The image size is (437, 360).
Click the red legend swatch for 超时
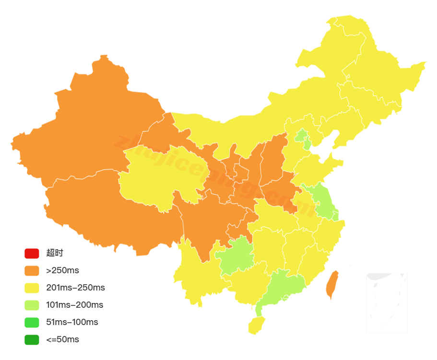click(32, 253)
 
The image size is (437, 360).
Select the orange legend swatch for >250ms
click(32, 270)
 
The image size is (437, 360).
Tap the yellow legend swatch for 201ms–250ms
click(32, 288)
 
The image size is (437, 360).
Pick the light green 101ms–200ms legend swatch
click(32, 305)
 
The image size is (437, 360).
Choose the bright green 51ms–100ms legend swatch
click(32, 322)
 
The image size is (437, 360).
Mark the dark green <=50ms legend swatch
click(32, 339)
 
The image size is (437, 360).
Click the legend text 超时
click(55, 253)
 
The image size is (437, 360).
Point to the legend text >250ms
click(63, 270)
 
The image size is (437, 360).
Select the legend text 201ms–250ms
click(75, 288)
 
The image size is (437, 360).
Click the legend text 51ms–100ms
click(72, 322)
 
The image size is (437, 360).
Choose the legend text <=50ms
click(63, 339)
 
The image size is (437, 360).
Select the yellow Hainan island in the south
click(256, 325)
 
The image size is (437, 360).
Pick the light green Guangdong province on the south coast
click(283, 288)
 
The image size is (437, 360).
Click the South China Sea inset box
click(386, 302)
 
